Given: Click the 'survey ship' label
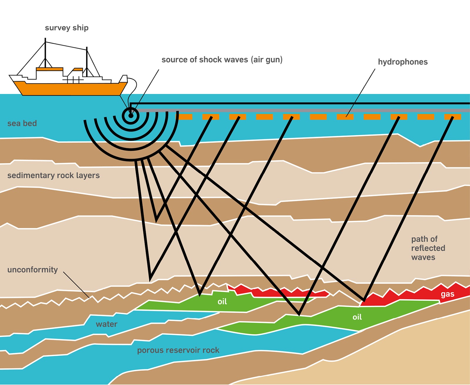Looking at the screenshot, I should [67, 28].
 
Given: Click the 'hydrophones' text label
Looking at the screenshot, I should [403, 62].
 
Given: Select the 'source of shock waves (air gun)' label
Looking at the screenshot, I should [222, 60].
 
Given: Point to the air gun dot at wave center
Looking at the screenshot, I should [131, 115].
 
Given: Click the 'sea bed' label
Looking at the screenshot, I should [22, 123].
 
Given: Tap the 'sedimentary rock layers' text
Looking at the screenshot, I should [53, 175].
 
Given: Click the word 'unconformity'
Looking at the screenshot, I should [33, 270].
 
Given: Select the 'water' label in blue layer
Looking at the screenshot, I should [106, 324].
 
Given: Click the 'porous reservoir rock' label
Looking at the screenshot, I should [178, 350].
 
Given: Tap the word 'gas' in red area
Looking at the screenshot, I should [447, 294].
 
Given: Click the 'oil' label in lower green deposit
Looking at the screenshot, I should [357, 317].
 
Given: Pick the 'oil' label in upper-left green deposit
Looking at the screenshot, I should [222, 302].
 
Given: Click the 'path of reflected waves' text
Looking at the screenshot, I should [428, 248].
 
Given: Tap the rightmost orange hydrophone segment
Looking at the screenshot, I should [452, 117].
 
